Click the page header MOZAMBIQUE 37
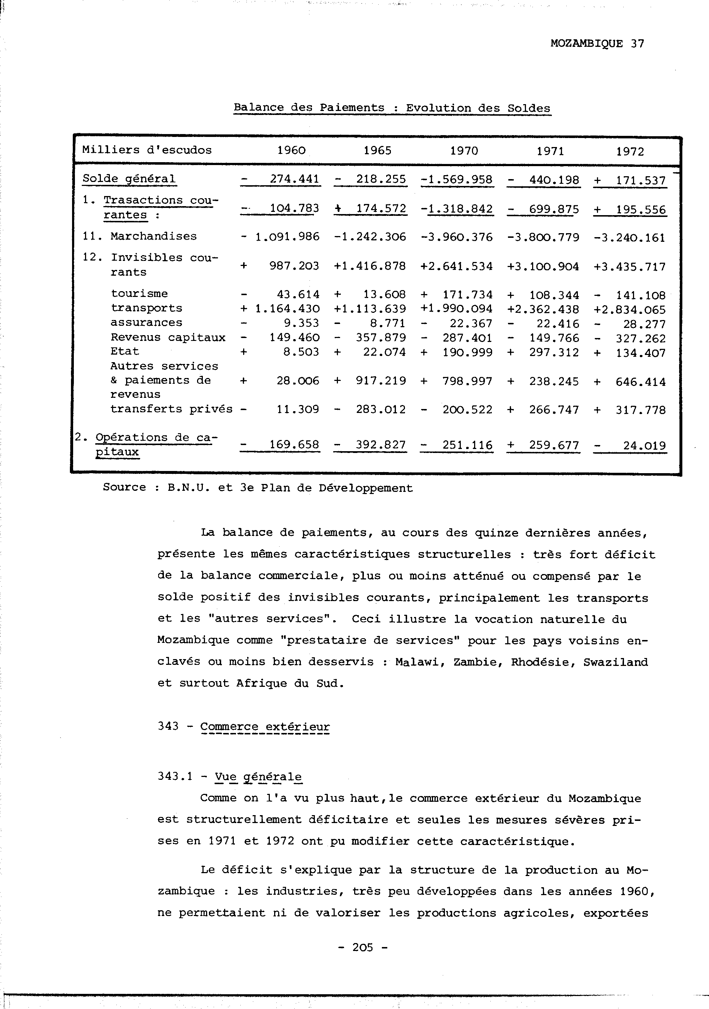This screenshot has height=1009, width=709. click(597, 44)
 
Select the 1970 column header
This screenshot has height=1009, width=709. click(464, 151)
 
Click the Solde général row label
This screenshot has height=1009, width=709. click(129, 179)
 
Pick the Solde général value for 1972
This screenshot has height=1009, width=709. click(630, 181)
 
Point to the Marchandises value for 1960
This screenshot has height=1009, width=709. click(280, 237)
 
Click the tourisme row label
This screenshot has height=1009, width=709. click(139, 294)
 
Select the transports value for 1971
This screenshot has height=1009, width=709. click(543, 310)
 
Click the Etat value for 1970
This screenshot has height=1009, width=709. click(457, 352)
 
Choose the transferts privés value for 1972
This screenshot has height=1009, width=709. click(630, 410)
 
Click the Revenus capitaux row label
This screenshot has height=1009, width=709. click(168, 338)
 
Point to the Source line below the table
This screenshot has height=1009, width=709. click(258, 488)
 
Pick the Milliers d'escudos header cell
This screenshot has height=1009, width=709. click(147, 150)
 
